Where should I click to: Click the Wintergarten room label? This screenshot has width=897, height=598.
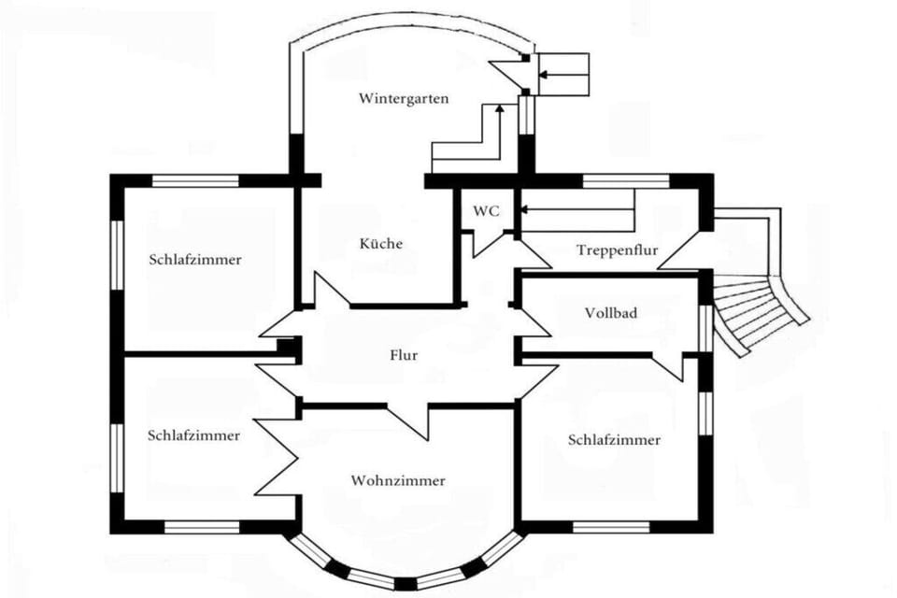click(x=404, y=98)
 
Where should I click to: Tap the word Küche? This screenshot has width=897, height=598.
click(x=381, y=244)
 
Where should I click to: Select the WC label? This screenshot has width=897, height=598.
click(x=486, y=211)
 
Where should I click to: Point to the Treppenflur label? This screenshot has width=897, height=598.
click(x=618, y=250)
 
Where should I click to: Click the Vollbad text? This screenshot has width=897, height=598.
click(x=611, y=313)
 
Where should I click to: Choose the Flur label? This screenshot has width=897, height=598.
click(x=404, y=355)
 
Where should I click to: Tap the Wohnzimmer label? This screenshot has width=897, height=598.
click(x=398, y=480)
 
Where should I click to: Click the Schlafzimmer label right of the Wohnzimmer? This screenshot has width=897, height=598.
click(x=615, y=440)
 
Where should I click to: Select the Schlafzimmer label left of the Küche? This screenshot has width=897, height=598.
click(x=195, y=260)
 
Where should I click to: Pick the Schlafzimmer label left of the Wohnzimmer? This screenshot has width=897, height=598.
click(x=194, y=435)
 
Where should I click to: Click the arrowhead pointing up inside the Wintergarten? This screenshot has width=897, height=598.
click(x=499, y=107)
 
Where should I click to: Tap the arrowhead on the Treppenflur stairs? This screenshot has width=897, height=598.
click(x=523, y=210)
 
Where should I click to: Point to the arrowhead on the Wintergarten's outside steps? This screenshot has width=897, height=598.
click(x=542, y=74)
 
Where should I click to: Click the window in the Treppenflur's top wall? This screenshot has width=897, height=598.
click(x=626, y=181)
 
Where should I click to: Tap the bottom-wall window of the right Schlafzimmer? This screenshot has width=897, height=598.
click(x=611, y=527)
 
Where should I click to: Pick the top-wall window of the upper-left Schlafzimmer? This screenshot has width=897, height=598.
click(x=195, y=181)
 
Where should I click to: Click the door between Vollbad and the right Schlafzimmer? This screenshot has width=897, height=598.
click(x=667, y=366)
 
